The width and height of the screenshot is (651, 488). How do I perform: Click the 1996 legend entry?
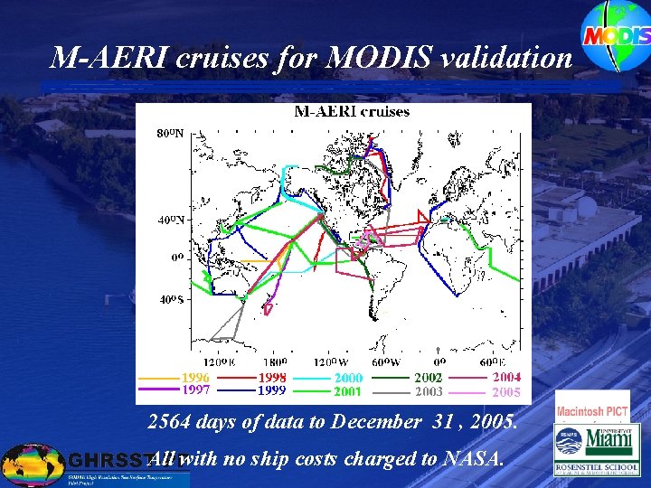click(x=196, y=378)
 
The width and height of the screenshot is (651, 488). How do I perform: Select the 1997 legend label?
click(x=196, y=390)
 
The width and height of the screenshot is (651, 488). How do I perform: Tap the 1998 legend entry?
click(x=272, y=378)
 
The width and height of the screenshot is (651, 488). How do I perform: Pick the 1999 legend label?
click(x=272, y=390)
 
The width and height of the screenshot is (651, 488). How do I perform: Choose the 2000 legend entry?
click(x=348, y=379)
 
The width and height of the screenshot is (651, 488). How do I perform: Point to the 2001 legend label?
click(x=348, y=391)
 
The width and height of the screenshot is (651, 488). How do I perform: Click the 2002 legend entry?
click(x=429, y=378)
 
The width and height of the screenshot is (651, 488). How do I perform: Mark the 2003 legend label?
click(x=429, y=391)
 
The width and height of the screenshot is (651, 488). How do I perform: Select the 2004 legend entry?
click(x=506, y=378)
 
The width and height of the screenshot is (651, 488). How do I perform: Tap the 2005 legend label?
click(x=506, y=391)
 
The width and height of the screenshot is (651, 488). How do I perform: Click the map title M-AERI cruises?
click(x=352, y=112)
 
